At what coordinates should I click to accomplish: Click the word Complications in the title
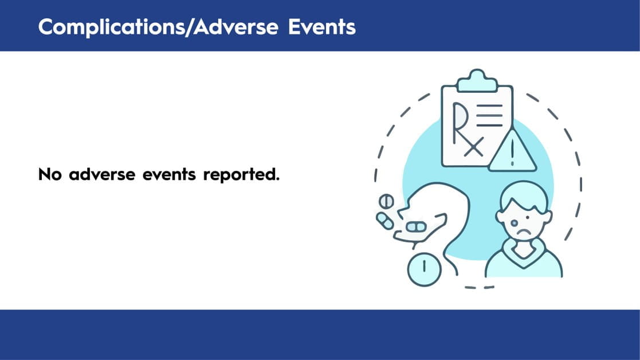(115, 28)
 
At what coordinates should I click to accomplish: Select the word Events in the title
(322, 27)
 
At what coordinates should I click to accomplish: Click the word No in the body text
(50, 175)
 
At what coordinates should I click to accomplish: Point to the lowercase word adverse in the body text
(102, 175)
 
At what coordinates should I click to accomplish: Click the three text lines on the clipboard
(490, 116)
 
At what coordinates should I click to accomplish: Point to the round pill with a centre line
(386, 201)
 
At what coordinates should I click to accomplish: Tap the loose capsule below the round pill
(385, 221)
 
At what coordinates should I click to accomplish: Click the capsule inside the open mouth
(417, 226)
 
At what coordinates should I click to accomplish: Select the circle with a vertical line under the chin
(425, 269)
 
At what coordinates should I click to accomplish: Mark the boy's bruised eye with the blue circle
(515, 223)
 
